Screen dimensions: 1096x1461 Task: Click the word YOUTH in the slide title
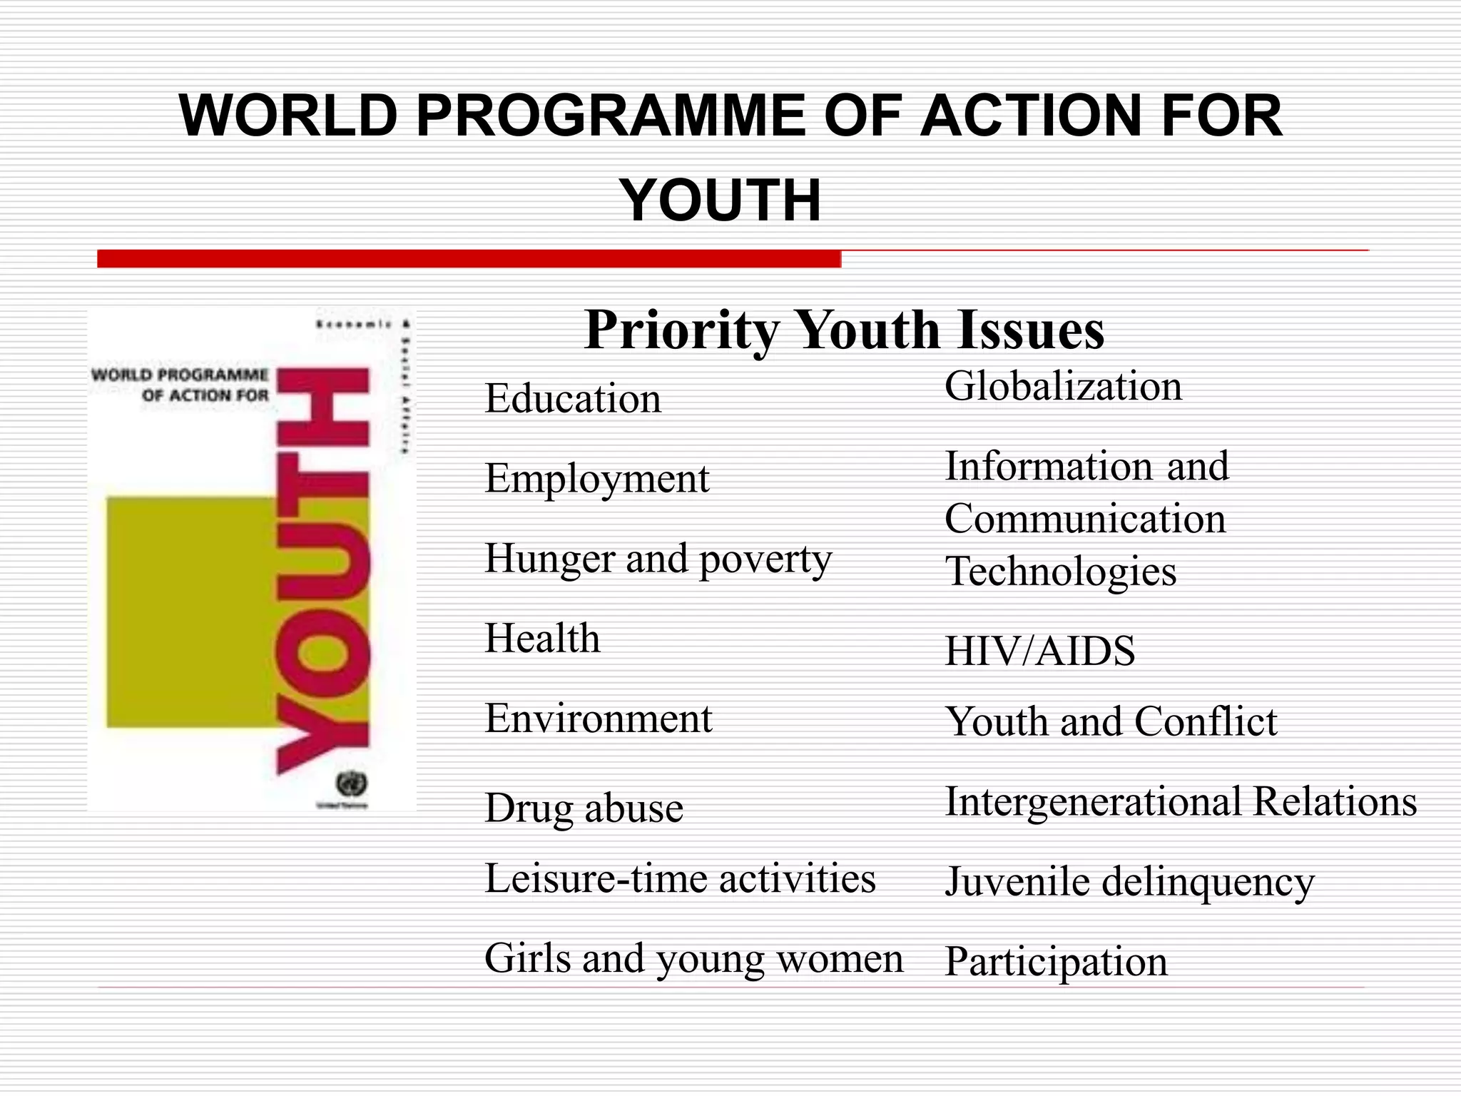(x=721, y=201)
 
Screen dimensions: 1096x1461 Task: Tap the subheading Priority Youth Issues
(x=844, y=330)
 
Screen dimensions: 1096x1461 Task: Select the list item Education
(x=573, y=398)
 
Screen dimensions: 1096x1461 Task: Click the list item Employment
(x=597, y=478)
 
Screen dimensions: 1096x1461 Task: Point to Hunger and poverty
(x=658, y=559)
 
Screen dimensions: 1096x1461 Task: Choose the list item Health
(x=542, y=638)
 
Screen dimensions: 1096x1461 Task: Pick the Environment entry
(x=598, y=718)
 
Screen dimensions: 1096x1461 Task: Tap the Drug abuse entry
(x=584, y=808)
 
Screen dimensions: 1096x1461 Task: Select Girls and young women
(x=693, y=958)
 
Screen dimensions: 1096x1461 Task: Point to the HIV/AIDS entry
(x=1039, y=651)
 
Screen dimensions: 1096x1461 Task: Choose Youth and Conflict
(x=1111, y=721)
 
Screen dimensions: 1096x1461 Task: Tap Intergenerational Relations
(x=1181, y=801)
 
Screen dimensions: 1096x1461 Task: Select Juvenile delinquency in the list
(x=1129, y=882)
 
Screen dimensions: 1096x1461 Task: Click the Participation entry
(x=1056, y=962)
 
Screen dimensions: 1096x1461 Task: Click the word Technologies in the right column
(x=1060, y=571)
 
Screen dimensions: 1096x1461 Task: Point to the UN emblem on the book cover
(x=350, y=784)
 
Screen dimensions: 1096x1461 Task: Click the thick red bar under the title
(x=469, y=258)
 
